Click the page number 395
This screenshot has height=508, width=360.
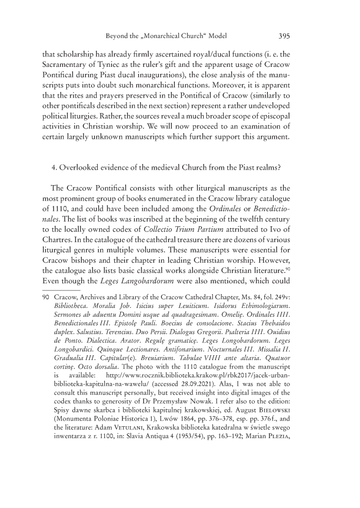click(285, 37)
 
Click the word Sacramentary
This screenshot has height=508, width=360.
click(65, 65)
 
